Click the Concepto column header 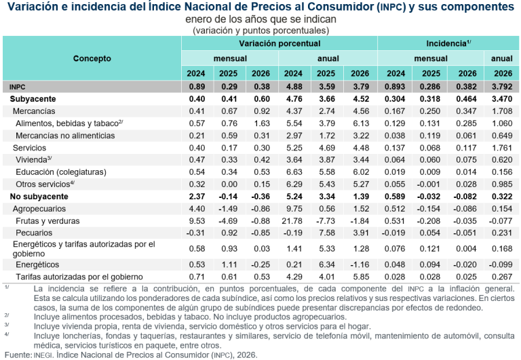(92, 58)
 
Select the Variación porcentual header (279, 43)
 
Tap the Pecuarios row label (35, 233)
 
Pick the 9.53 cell (197, 221)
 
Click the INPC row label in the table (18, 87)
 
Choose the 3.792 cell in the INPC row (501, 87)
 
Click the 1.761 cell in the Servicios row (501, 148)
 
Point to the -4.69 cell (229, 221)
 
